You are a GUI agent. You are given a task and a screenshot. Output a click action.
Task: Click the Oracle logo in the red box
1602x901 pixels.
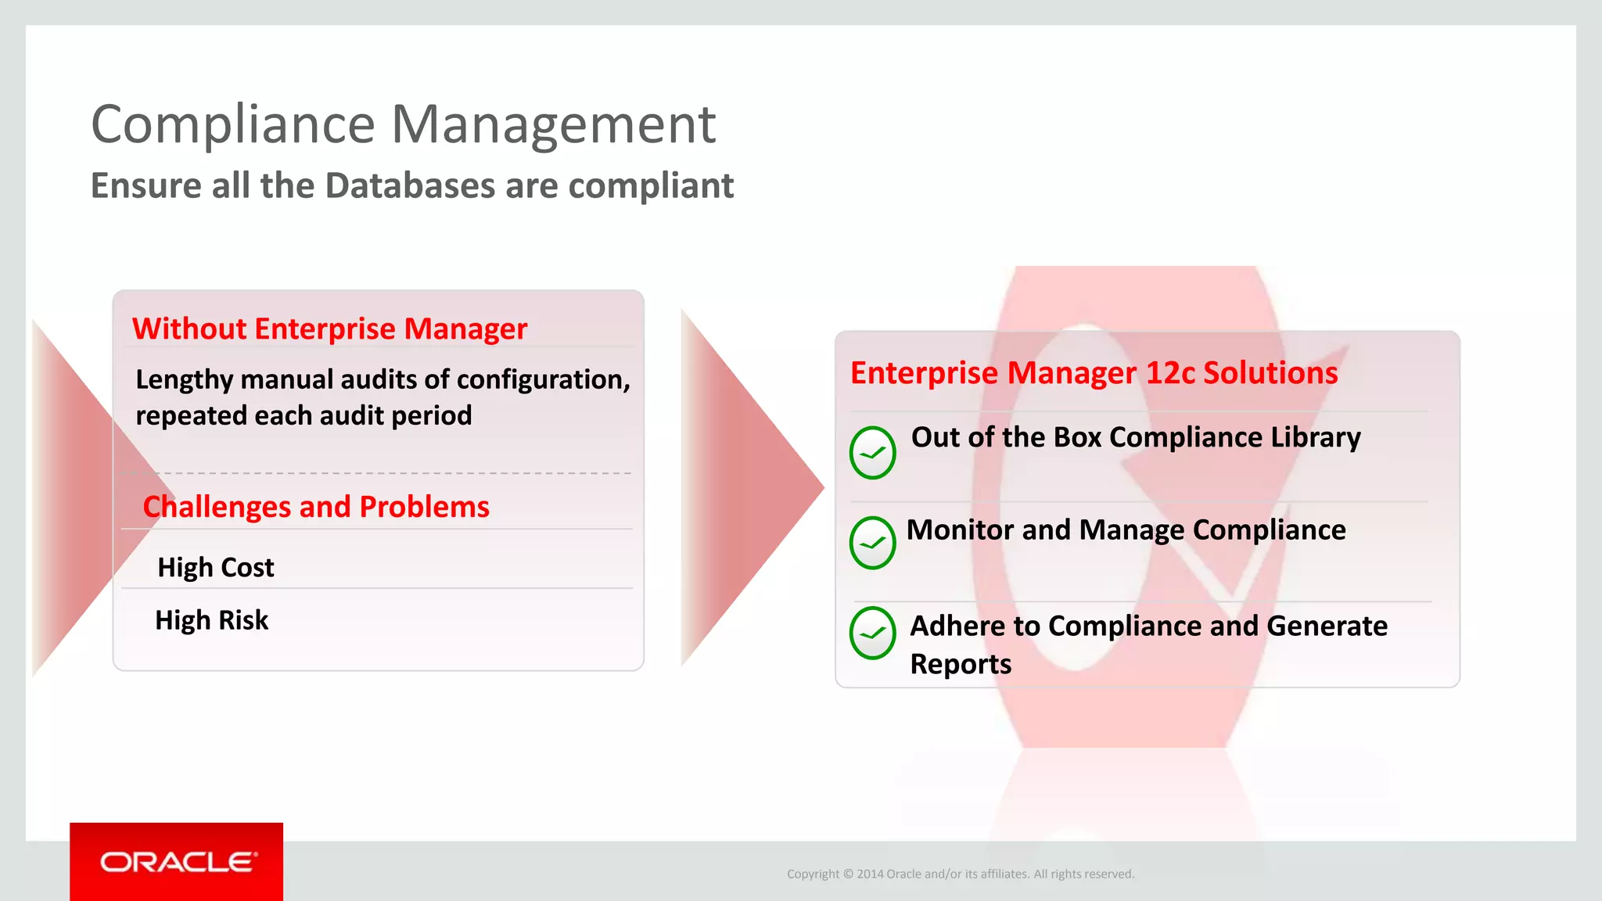(x=177, y=862)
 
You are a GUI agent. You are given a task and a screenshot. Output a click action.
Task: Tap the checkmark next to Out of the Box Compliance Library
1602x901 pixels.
(x=872, y=453)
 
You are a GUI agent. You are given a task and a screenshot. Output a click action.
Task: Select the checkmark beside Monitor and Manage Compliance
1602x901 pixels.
(x=872, y=543)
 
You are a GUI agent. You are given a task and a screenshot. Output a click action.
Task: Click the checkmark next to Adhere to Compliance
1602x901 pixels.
(x=872, y=633)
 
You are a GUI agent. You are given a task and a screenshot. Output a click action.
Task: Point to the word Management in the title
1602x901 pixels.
(x=552, y=124)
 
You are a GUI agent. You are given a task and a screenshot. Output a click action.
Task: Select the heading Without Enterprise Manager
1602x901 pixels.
(x=329, y=329)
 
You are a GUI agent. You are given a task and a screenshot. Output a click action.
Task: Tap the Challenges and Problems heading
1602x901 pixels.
(x=316, y=507)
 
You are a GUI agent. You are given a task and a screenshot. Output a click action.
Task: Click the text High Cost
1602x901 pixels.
(x=216, y=567)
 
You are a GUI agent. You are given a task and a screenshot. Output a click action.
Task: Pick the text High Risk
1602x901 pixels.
(x=212, y=620)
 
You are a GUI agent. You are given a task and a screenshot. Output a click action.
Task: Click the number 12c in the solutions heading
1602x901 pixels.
(x=1169, y=373)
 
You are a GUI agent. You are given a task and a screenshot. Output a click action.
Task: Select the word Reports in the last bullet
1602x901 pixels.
(x=961, y=664)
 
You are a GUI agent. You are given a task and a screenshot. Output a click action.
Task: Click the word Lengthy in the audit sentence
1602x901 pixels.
(x=185, y=380)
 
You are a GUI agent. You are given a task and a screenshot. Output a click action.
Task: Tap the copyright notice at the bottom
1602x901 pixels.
(x=960, y=874)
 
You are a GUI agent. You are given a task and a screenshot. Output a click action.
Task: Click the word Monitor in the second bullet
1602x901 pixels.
(x=961, y=530)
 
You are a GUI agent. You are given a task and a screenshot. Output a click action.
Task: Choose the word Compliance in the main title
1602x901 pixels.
(x=233, y=124)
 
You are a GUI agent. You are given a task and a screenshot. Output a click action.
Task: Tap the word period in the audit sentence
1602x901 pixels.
(x=432, y=416)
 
